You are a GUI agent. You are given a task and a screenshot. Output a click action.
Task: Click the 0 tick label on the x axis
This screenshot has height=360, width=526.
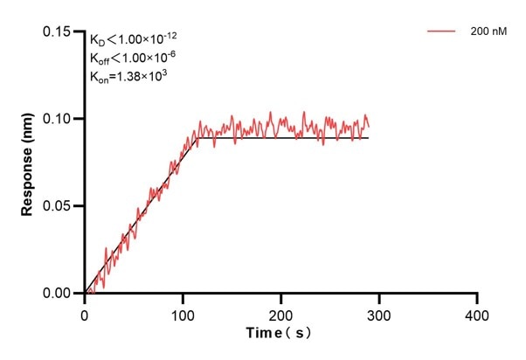pos(85,313)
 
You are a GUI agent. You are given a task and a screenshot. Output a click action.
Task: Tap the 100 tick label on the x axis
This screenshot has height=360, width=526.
pos(183,313)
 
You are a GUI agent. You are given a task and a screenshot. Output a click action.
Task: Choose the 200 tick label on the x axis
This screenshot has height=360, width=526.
pos(280,313)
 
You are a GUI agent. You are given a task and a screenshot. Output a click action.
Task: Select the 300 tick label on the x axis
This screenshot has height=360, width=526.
pos(378,313)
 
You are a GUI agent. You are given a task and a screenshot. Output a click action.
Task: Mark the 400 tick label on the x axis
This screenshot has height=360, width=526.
pos(476,313)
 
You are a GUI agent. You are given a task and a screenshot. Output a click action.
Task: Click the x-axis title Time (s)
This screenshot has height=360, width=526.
pos(279,334)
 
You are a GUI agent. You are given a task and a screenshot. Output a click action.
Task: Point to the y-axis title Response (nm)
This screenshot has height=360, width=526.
pos(27,163)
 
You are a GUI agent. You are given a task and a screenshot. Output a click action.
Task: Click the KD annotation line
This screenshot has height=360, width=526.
pos(134,39)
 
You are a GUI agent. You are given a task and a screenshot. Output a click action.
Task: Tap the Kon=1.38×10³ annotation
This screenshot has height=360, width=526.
pos(128,76)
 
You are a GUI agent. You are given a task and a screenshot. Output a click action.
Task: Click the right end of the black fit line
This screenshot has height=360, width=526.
pos(368,138)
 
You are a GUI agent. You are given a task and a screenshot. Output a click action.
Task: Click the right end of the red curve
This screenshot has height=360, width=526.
pos(369,127)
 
